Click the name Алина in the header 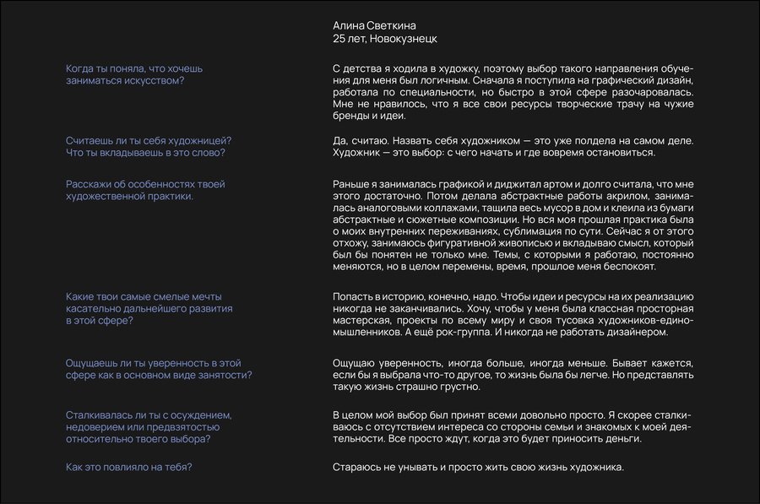pyautogui.click(x=348, y=25)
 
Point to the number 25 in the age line pyautogui.click(x=339, y=39)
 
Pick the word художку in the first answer pyautogui.click(x=421, y=68)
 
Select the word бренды pyautogui.click(x=350, y=116)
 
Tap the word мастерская pyautogui.click(x=360, y=321)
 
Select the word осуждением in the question pyautogui.click(x=204, y=415)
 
